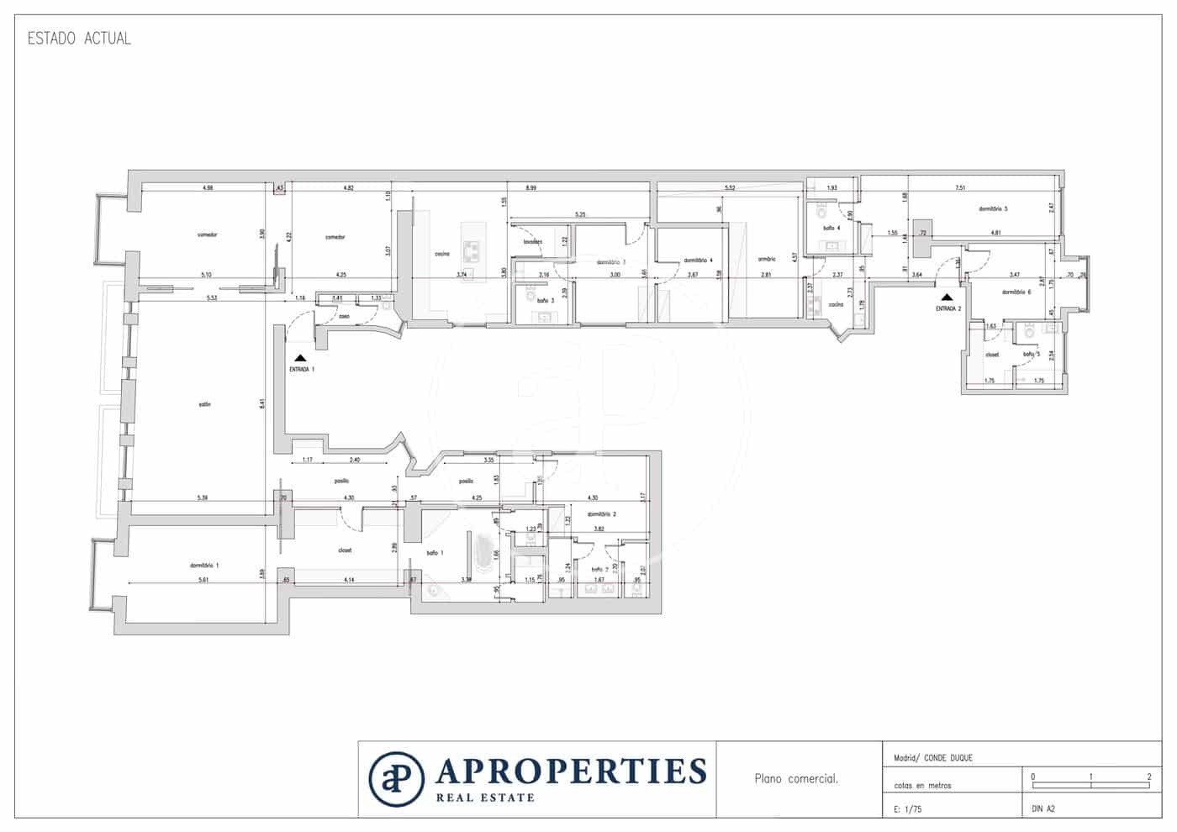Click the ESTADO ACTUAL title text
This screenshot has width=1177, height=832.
pos(79,39)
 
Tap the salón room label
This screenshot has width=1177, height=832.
pos(204,404)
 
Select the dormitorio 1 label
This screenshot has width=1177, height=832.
pos(204,566)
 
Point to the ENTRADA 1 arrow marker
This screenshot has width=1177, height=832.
pos(300,359)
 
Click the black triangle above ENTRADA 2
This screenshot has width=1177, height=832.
pos(947,297)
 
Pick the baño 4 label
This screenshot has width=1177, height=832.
pos(831,228)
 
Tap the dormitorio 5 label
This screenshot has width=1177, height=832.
pos(993,208)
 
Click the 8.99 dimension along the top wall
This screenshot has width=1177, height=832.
pos(530,188)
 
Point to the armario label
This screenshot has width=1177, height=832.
pos(766,259)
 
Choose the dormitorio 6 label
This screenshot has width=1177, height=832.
pos(1016,292)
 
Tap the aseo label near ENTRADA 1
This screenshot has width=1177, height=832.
pos(344,317)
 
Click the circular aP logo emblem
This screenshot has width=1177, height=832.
pos(396,778)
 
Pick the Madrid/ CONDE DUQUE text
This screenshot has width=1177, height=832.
pos(932,758)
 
